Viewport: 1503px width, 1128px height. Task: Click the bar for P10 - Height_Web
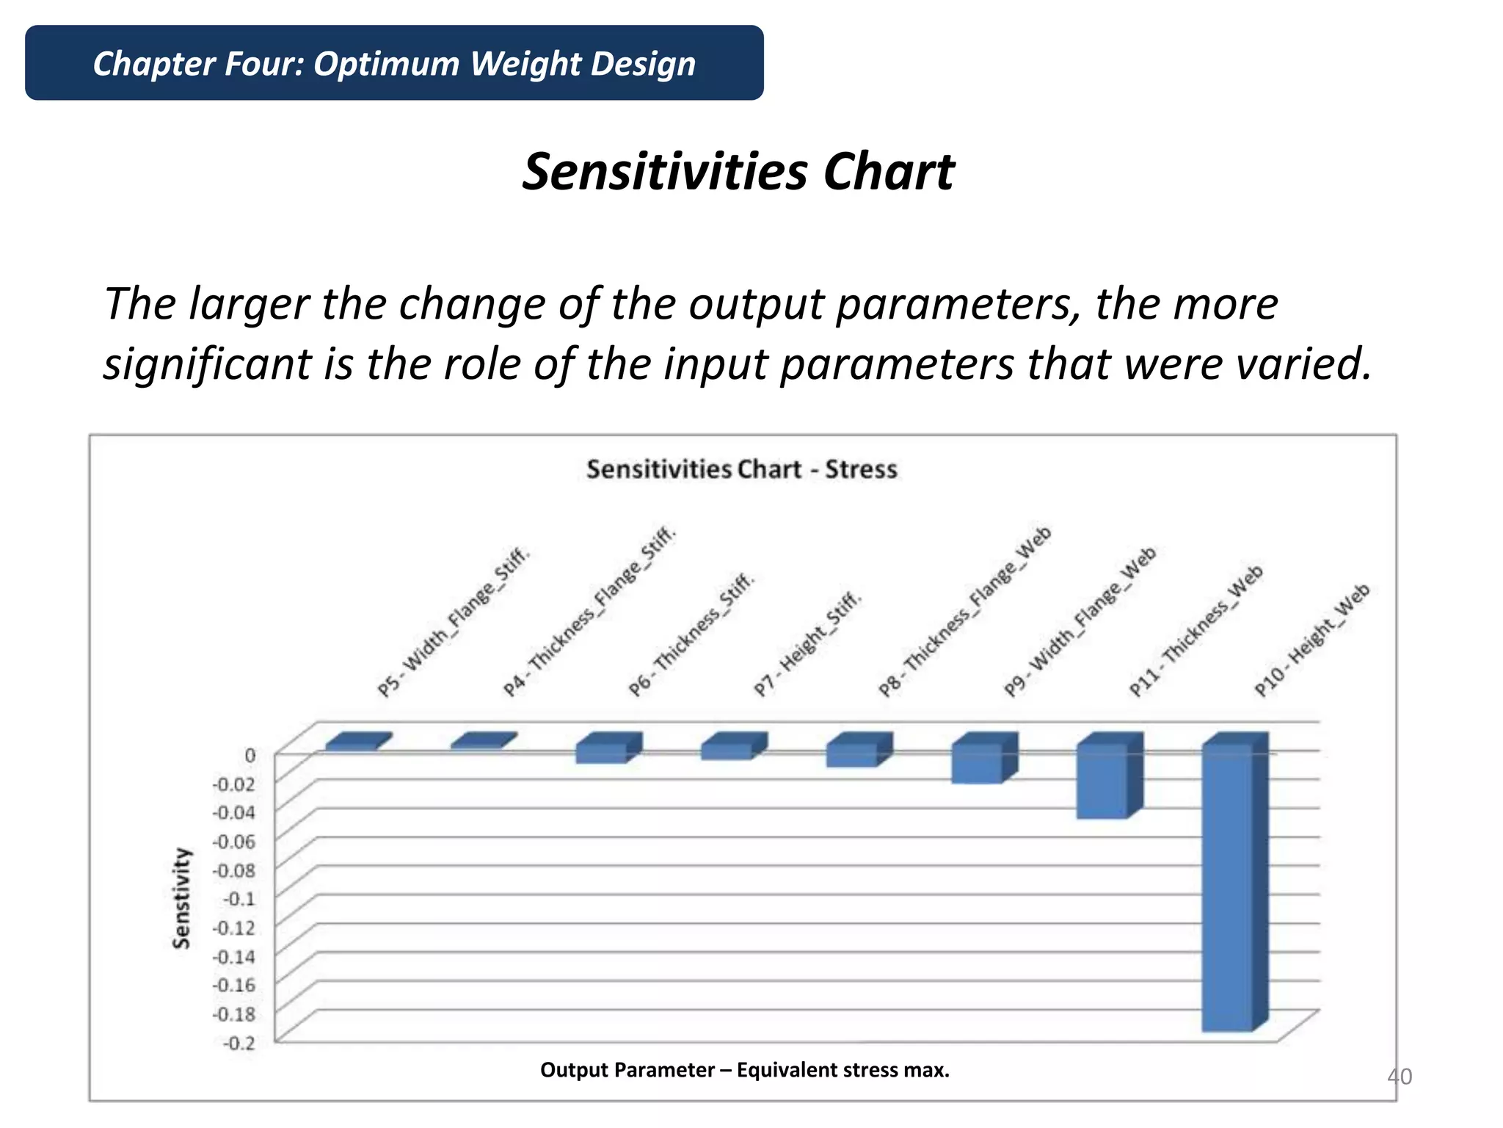1227,889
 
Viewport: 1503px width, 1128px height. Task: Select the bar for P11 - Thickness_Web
1102,781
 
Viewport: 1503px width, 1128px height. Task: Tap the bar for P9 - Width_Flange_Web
977,764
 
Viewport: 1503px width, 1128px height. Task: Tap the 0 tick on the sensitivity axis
250,755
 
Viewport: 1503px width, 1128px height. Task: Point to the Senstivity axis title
181,898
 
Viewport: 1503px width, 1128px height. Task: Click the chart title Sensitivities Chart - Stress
741,469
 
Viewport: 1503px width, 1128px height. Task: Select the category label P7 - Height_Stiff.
807,644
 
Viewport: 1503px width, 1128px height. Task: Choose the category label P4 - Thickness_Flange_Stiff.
589,611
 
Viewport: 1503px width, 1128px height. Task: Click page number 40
1399,1077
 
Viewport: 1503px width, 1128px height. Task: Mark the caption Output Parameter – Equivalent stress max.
744,1070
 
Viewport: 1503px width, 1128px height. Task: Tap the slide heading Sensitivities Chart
738,172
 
